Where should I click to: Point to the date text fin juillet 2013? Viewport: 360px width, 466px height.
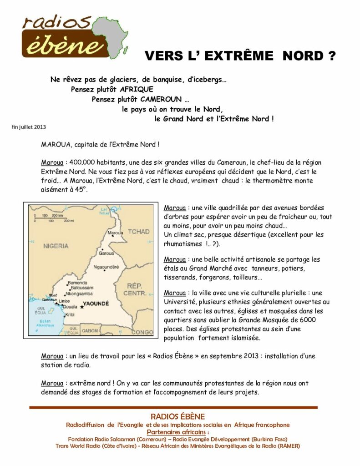point(29,127)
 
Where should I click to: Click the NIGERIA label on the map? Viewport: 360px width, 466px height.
point(56,246)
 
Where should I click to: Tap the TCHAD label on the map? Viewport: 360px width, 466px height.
point(138,232)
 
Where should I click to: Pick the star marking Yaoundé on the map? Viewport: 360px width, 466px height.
point(82,307)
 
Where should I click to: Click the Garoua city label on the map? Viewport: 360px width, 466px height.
point(106,253)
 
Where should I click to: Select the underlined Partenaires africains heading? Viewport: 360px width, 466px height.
point(177,432)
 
